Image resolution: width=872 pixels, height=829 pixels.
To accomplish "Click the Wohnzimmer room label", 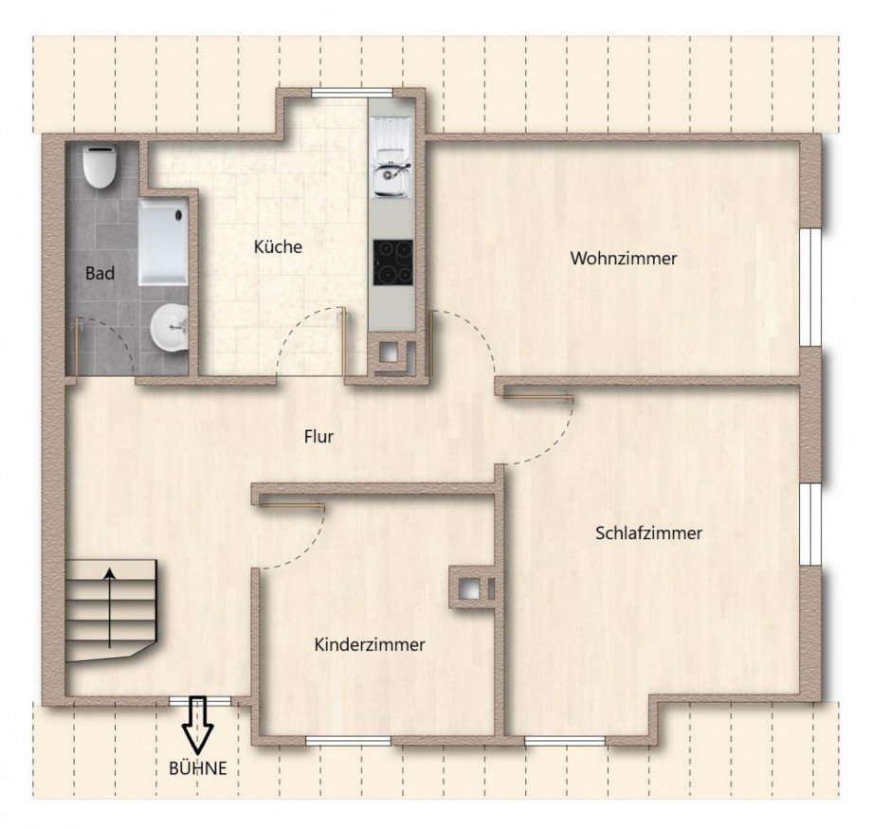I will (623, 258).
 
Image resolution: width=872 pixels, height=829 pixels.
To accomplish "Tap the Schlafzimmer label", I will (648, 533).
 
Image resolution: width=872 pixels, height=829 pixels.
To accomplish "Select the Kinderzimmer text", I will (369, 645).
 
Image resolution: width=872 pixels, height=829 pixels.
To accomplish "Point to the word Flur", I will (319, 437).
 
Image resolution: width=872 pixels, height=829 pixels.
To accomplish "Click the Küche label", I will (278, 247).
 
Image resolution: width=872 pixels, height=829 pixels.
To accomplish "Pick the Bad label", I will (100, 274).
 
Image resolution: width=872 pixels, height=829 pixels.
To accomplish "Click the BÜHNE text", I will (198, 768).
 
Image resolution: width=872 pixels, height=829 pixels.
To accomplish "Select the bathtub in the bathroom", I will (163, 241).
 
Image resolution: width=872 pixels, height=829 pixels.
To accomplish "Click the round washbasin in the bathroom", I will (169, 329).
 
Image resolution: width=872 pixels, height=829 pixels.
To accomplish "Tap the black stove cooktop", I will (392, 261).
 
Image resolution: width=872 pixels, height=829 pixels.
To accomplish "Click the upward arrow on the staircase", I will (110, 606).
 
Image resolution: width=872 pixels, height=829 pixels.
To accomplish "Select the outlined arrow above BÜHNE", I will (199, 724).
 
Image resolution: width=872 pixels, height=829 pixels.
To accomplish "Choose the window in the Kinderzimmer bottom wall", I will (348, 740).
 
